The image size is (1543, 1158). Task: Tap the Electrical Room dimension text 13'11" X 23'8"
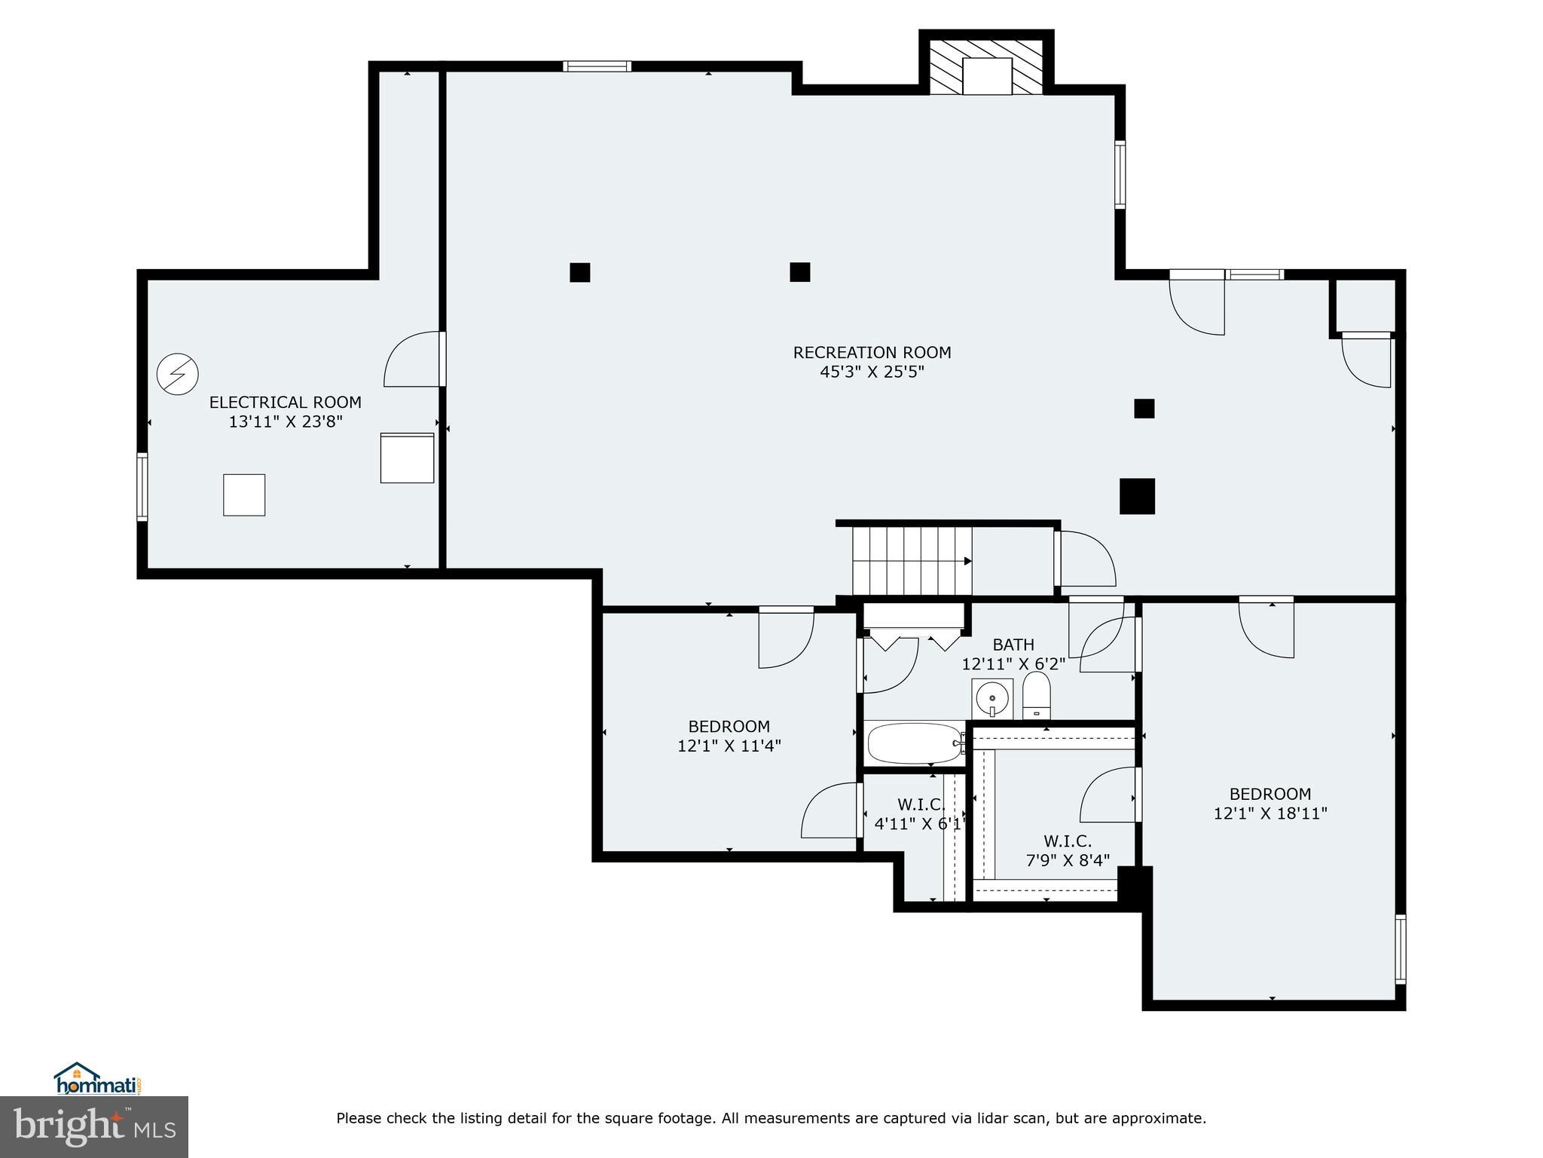286,422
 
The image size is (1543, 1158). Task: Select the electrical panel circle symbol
178,374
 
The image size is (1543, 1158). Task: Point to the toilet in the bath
1037,695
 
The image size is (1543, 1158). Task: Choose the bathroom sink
992,699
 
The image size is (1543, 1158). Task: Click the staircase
912,561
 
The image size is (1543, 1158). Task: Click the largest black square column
1137,496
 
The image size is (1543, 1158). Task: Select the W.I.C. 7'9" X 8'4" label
1068,850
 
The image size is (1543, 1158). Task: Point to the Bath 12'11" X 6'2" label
1013,654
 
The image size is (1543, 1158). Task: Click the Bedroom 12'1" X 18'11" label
1270,804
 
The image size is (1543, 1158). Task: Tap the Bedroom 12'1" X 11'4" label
729,736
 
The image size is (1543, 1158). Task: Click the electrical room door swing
413,360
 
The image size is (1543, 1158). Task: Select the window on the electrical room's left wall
142,486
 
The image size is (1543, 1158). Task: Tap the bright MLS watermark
94,1126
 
